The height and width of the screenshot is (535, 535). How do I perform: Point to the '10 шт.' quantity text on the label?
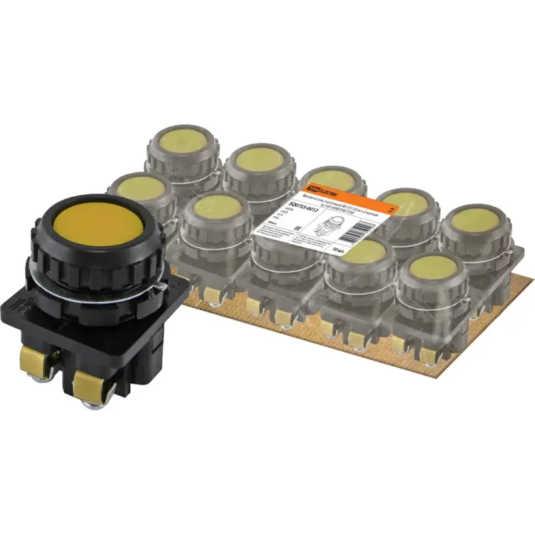(342, 251)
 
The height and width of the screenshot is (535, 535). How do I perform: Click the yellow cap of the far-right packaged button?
(474, 217)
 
